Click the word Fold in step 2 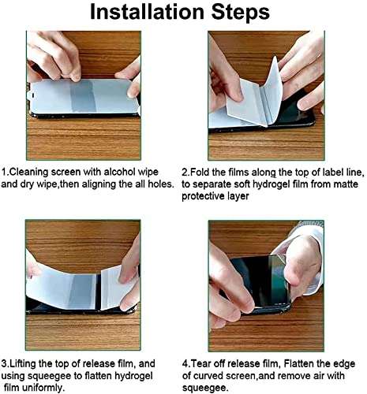(x=204, y=170)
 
